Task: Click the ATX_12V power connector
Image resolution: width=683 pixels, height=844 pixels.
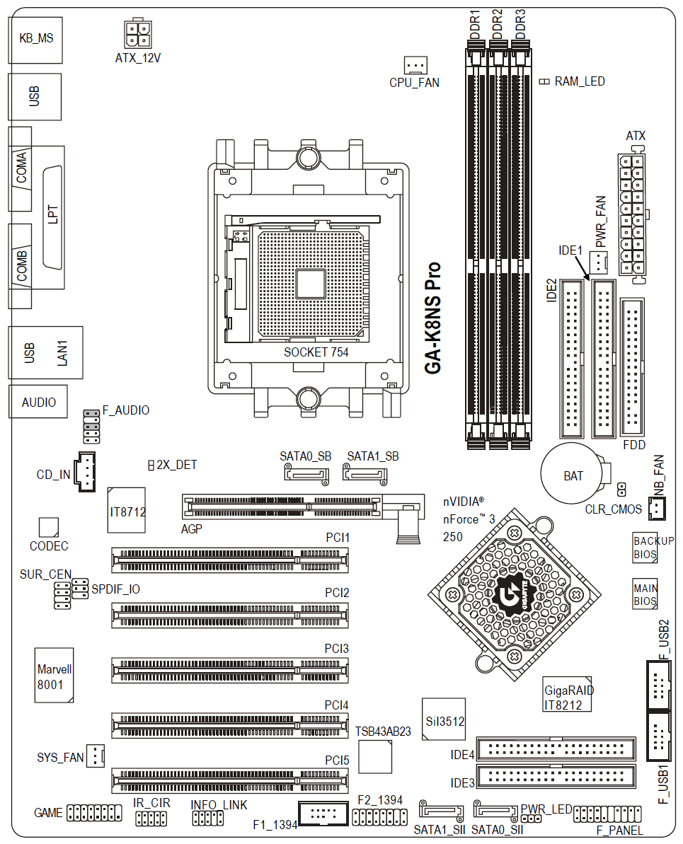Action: tap(138, 33)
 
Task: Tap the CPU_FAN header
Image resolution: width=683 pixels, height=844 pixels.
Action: tap(415, 65)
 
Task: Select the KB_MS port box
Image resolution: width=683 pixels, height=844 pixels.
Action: tap(35, 40)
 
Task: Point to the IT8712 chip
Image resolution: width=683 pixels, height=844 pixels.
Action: tap(127, 510)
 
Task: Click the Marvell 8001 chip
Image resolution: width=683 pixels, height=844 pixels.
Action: tap(54, 675)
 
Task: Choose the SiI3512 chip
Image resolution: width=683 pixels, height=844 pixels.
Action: tap(444, 719)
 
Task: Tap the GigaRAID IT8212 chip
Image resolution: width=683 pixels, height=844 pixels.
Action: tap(568, 694)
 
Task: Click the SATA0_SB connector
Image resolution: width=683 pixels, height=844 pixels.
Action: tap(306, 475)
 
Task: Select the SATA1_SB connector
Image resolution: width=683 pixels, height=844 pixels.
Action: tap(365, 475)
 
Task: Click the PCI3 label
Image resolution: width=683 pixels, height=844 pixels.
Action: tap(337, 649)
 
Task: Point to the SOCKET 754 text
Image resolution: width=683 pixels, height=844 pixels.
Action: tap(316, 352)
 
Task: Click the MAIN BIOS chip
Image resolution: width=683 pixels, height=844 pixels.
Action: tap(645, 594)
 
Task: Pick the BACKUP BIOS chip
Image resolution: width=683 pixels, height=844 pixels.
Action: tap(645, 548)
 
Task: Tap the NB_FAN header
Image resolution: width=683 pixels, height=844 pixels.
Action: tap(657, 508)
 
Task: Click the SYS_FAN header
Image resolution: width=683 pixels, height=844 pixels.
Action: tap(96, 756)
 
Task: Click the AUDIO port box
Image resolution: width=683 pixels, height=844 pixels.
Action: tap(38, 402)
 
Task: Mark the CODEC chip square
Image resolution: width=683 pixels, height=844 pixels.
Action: tap(48, 528)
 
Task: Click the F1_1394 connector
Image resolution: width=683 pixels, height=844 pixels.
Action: tap(323, 814)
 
